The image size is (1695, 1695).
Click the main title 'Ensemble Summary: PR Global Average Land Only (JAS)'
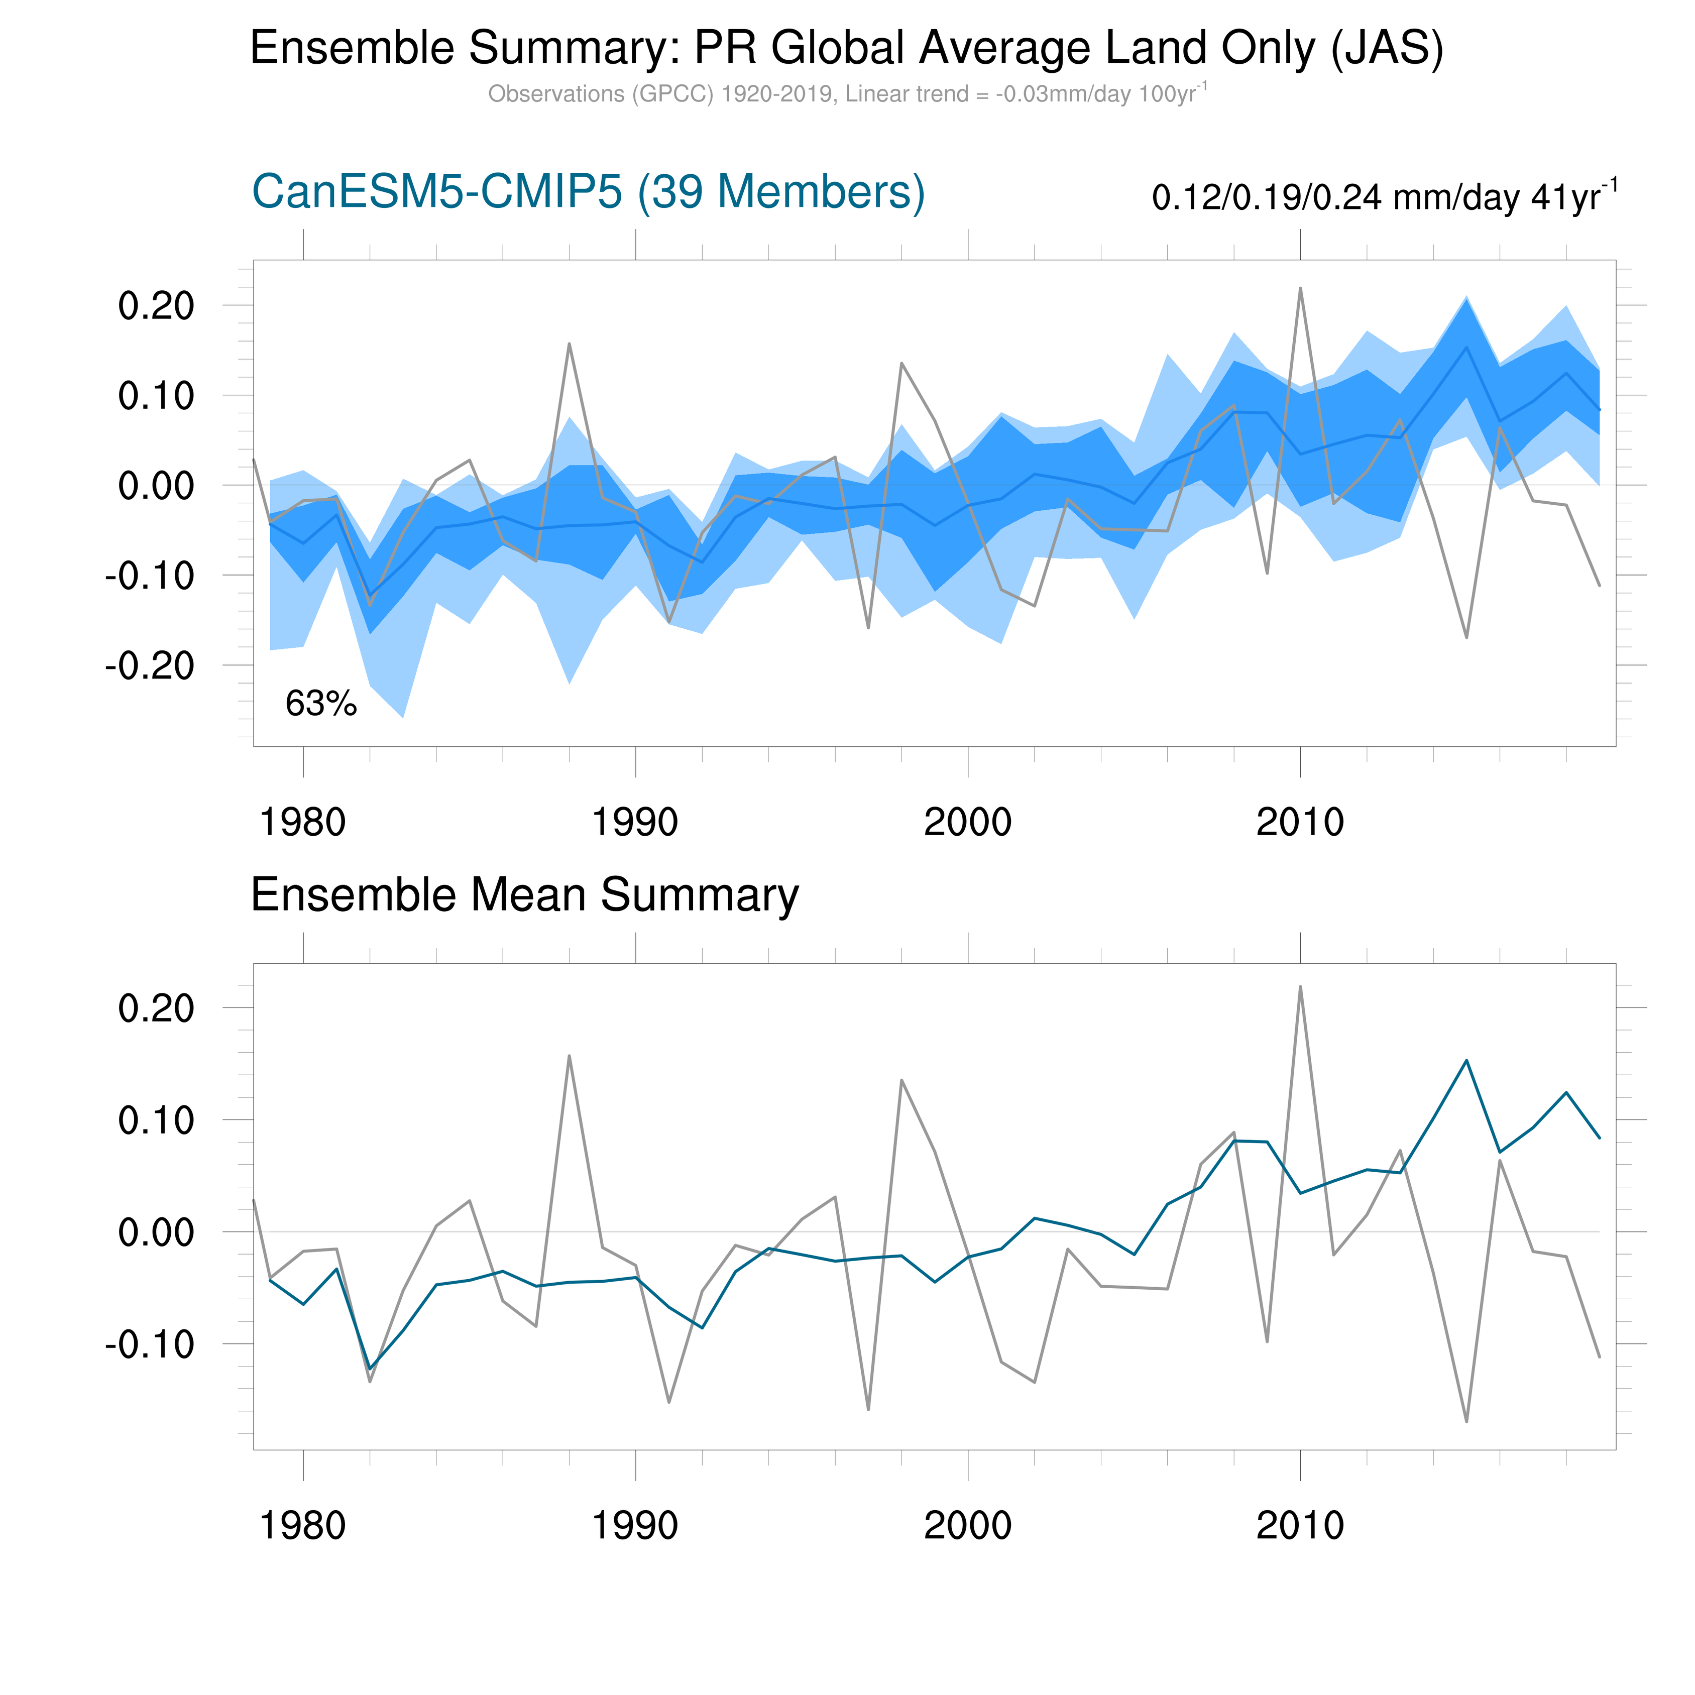(847, 48)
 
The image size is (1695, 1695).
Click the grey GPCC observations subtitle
(847, 94)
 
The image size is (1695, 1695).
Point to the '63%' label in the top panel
(321, 704)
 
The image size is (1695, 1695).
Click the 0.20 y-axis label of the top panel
(156, 306)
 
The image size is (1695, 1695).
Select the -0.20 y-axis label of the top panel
(149, 666)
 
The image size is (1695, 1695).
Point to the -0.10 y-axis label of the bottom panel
(149, 1344)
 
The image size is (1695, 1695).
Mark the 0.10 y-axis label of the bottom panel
(156, 1120)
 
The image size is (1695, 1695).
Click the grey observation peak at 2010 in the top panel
(1300, 288)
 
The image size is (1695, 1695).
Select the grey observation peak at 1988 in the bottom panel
(570, 1056)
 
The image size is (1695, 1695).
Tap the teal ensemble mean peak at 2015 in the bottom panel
(1467, 1061)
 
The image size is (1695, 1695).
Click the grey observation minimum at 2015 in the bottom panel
(1467, 1421)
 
